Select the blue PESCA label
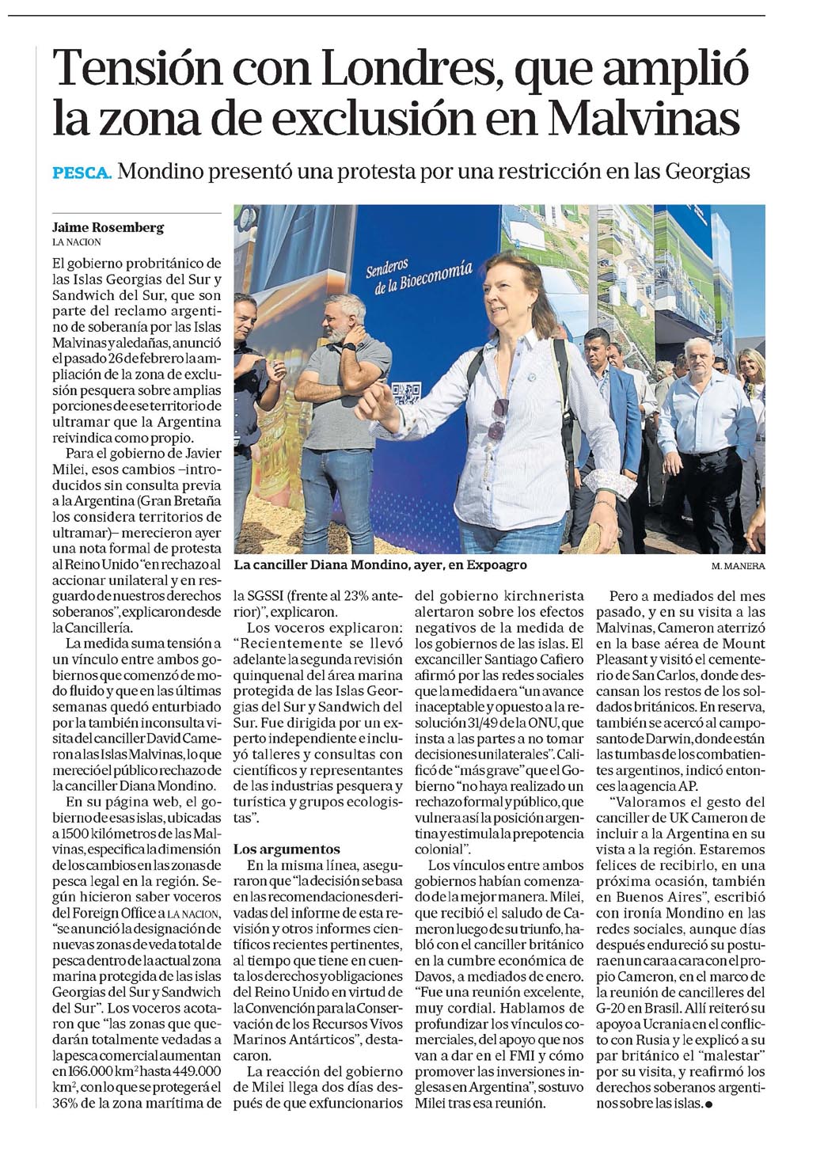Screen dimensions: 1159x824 (x=82, y=173)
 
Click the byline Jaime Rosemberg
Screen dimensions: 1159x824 (x=108, y=227)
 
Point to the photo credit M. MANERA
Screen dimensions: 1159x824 (x=738, y=567)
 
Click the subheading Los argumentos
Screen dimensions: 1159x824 (x=287, y=849)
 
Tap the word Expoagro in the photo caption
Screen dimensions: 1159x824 (x=492, y=565)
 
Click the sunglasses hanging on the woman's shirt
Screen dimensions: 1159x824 (x=497, y=420)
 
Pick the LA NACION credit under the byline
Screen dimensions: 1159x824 (x=77, y=241)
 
